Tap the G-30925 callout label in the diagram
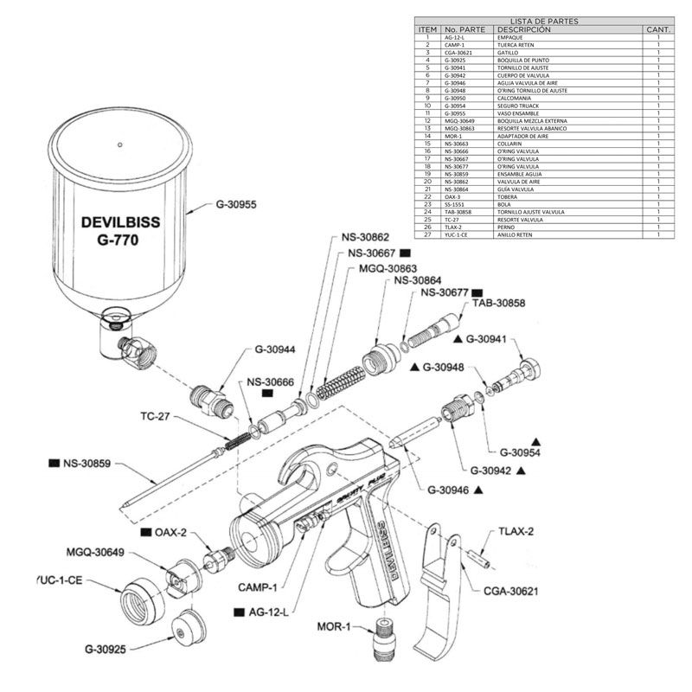(x=112, y=647)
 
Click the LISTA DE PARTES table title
(x=545, y=20)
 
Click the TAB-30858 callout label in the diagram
(x=498, y=303)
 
